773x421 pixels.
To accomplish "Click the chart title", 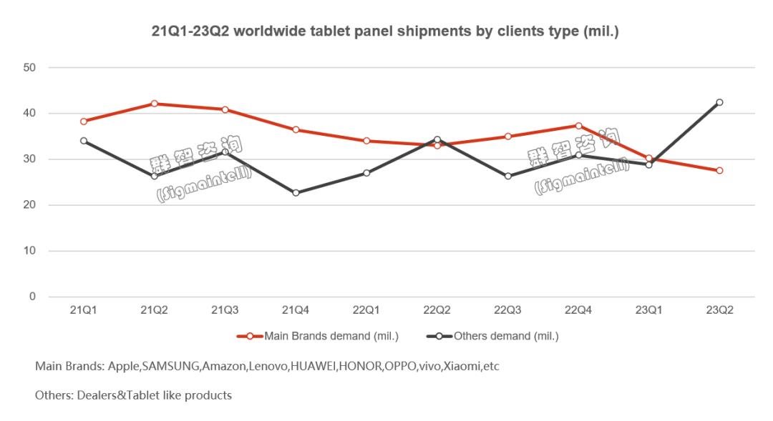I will [384, 31].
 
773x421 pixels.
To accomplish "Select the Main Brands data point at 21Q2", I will [155, 104].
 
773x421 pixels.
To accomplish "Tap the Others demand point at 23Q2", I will [719, 102].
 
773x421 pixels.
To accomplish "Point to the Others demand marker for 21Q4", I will [296, 193].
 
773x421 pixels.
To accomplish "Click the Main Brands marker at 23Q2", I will [719, 170].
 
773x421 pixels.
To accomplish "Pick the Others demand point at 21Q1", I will [84, 141].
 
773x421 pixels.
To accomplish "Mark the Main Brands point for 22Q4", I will [578, 126].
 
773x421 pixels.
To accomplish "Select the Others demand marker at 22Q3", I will [507, 176].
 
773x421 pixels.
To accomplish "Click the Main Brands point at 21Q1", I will [84, 122].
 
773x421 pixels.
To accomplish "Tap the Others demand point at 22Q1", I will [366, 173].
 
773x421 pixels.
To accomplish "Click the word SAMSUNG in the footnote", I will [171, 367].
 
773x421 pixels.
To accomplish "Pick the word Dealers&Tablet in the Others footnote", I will [113, 395].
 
